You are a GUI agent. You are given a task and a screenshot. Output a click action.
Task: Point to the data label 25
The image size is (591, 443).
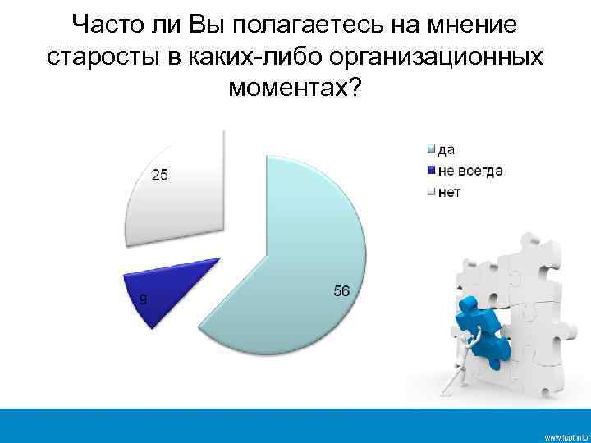(x=160, y=174)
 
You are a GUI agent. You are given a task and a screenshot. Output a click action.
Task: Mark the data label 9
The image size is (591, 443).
(x=144, y=299)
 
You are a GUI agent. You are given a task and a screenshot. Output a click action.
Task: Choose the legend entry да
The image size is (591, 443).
(x=447, y=149)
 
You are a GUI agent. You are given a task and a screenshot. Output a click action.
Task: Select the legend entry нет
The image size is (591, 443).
(x=449, y=192)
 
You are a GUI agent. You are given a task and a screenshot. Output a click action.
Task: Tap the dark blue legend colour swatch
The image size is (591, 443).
(x=429, y=171)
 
